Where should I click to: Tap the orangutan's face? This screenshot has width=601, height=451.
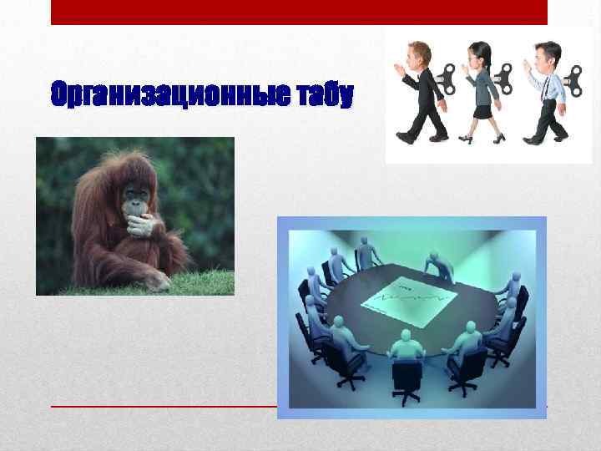tap(134, 201)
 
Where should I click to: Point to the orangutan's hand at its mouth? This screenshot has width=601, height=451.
tap(140, 224)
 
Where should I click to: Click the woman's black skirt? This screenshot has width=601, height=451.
tap(483, 110)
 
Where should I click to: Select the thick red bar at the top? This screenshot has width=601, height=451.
tap(299, 12)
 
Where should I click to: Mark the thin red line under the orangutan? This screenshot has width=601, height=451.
tap(167, 406)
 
